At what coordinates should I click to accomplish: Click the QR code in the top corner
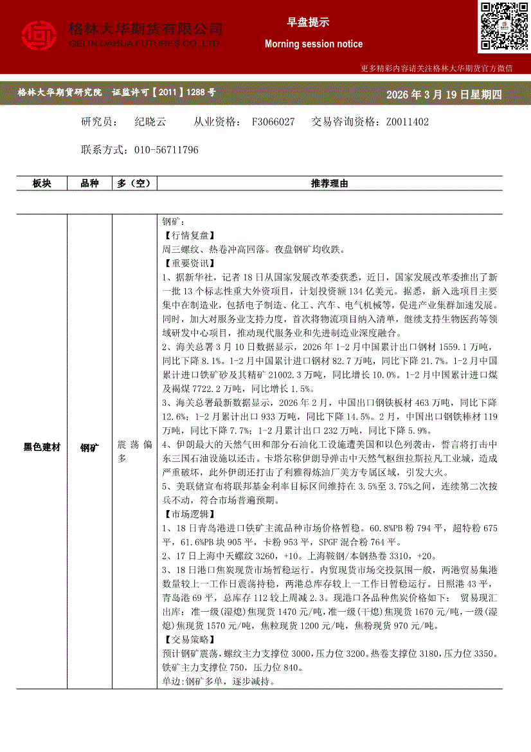point(503,26)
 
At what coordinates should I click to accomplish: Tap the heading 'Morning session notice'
point(313,44)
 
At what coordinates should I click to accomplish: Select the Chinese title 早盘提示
point(307,23)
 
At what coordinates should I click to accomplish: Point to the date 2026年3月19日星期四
point(444,95)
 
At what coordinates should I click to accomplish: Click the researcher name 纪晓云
point(150,122)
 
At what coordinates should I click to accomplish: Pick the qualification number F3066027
point(273,122)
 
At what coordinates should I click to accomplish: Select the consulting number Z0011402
point(407,122)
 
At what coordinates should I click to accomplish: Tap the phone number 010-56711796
point(166,150)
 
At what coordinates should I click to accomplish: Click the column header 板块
point(42,184)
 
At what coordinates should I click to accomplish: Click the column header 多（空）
point(134,184)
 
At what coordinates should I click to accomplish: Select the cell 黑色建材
point(42,446)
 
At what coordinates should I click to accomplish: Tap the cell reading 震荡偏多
point(134,452)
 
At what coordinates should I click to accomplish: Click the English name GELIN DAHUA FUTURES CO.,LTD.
point(145,43)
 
